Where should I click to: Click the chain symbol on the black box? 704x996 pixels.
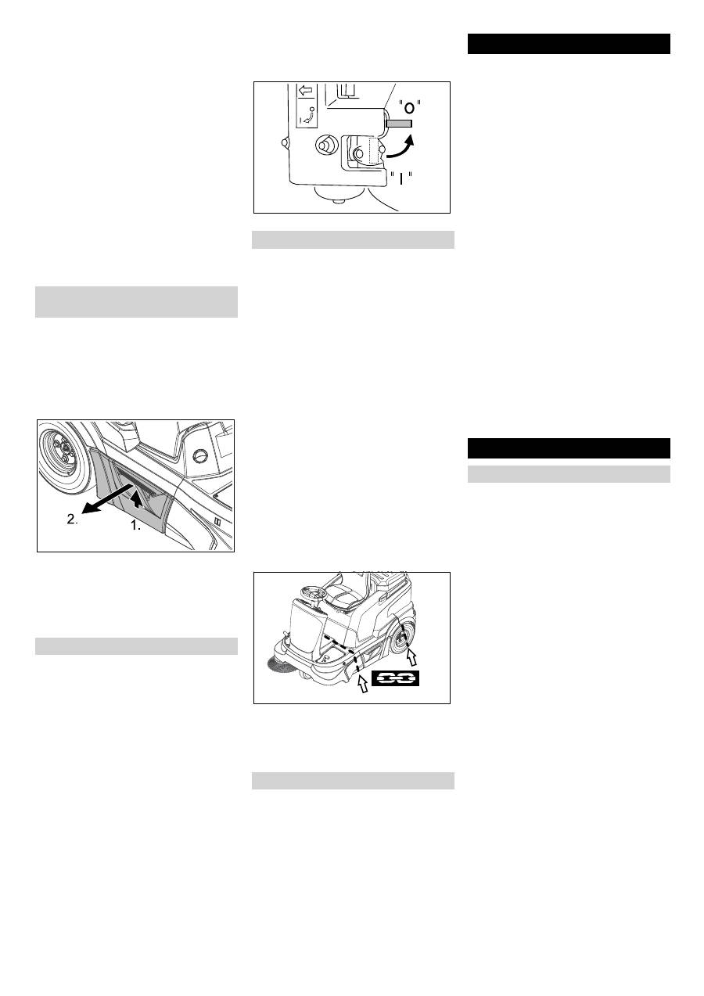[396, 678]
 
